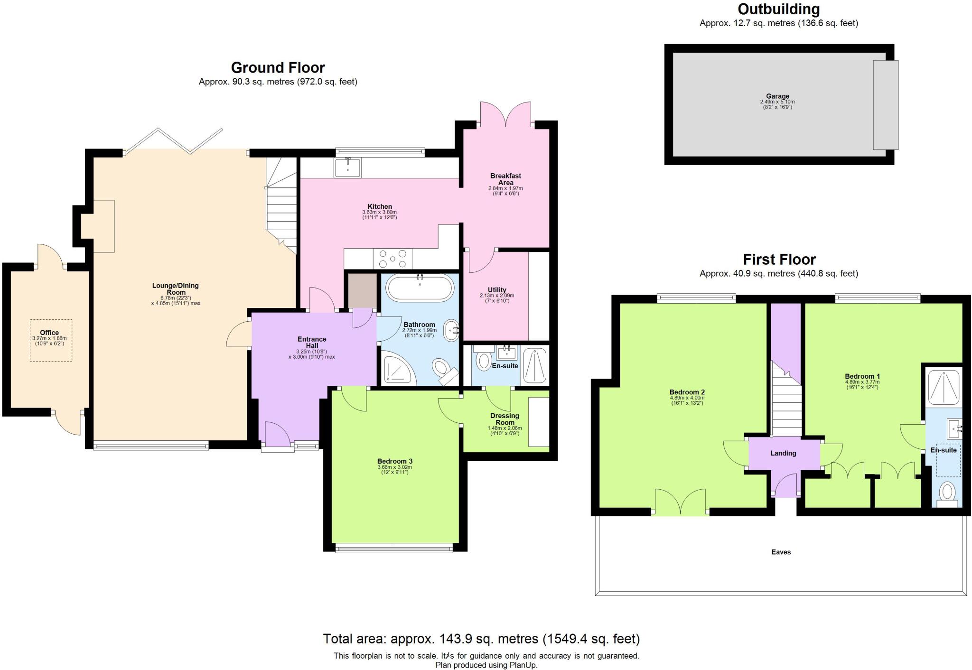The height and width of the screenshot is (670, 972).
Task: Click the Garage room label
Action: pos(777,96)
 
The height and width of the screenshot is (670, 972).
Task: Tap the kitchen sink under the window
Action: pos(348,167)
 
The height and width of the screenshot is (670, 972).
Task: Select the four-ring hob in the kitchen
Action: pos(393,259)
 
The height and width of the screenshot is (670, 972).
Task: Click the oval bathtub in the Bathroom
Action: pos(420,287)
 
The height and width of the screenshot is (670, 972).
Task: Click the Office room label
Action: pos(49,333)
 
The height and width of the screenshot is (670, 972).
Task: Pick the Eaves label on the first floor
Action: pos(781,552)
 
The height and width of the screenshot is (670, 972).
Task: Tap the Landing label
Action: pos(783,453)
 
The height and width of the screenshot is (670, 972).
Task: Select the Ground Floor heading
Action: pos(278,67)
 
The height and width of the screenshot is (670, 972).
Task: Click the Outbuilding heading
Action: pos(778,9)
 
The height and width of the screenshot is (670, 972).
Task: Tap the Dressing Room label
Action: pos(505,419)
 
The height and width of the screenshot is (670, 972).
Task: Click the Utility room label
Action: pos(497,289)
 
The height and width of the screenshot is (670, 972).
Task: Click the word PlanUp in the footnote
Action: pos(523,665)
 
